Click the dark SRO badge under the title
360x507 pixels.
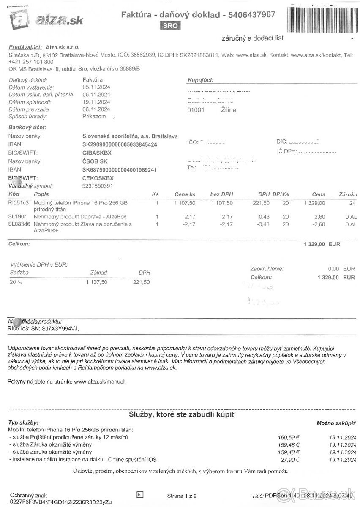[171, 26]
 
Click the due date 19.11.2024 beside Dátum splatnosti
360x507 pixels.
[96, 102]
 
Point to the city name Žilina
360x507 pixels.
[229, 110]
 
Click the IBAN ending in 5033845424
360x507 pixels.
[119, 144]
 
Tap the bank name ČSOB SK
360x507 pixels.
[95, 161]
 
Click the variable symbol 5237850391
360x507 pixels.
[98, 186]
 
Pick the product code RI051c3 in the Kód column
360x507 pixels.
[18, 203]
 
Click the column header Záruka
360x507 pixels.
[348, 194]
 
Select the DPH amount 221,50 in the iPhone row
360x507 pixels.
[261, 203]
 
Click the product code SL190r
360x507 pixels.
[16, 217]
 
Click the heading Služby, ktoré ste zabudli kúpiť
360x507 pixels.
[182, 414]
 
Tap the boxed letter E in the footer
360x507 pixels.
[140, 494]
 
